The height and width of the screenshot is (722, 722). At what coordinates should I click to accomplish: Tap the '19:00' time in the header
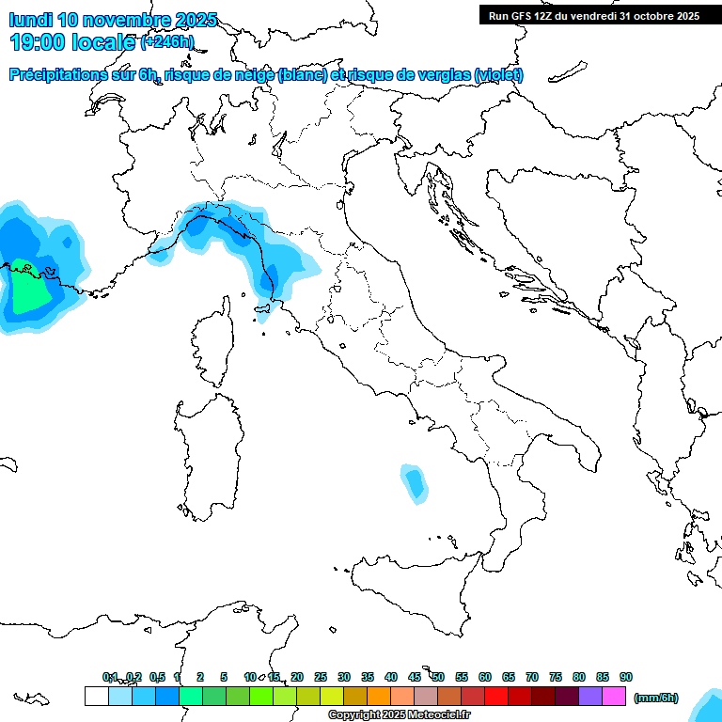36,41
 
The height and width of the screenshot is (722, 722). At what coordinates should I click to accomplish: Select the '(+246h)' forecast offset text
166,42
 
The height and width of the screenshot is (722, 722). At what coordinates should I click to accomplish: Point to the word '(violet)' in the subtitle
499,75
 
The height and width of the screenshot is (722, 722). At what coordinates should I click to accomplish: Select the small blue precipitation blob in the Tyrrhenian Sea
413,481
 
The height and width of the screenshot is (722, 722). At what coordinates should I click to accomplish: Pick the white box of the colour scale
96,696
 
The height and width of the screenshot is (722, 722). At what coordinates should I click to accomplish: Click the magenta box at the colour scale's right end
614,696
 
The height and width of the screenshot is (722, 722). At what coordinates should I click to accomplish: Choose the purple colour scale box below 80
590,696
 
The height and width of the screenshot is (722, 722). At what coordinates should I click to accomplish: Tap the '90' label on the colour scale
625,677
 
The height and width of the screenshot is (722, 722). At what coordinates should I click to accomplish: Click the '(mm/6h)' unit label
656,698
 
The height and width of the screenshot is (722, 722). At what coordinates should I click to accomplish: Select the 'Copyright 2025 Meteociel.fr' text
400,715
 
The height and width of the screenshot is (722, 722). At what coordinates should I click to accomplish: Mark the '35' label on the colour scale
367,677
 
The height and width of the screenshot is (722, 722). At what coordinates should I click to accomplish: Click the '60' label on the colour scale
484,677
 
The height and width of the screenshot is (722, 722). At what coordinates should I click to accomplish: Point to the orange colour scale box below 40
379,696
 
